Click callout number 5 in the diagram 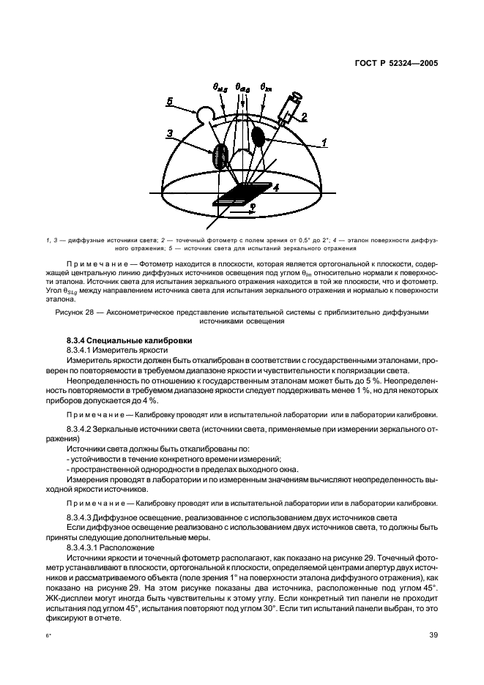pos(170,102)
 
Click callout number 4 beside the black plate pos(276,188)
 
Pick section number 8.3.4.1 pos(83,351)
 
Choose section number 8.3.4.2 pos(83,427)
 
